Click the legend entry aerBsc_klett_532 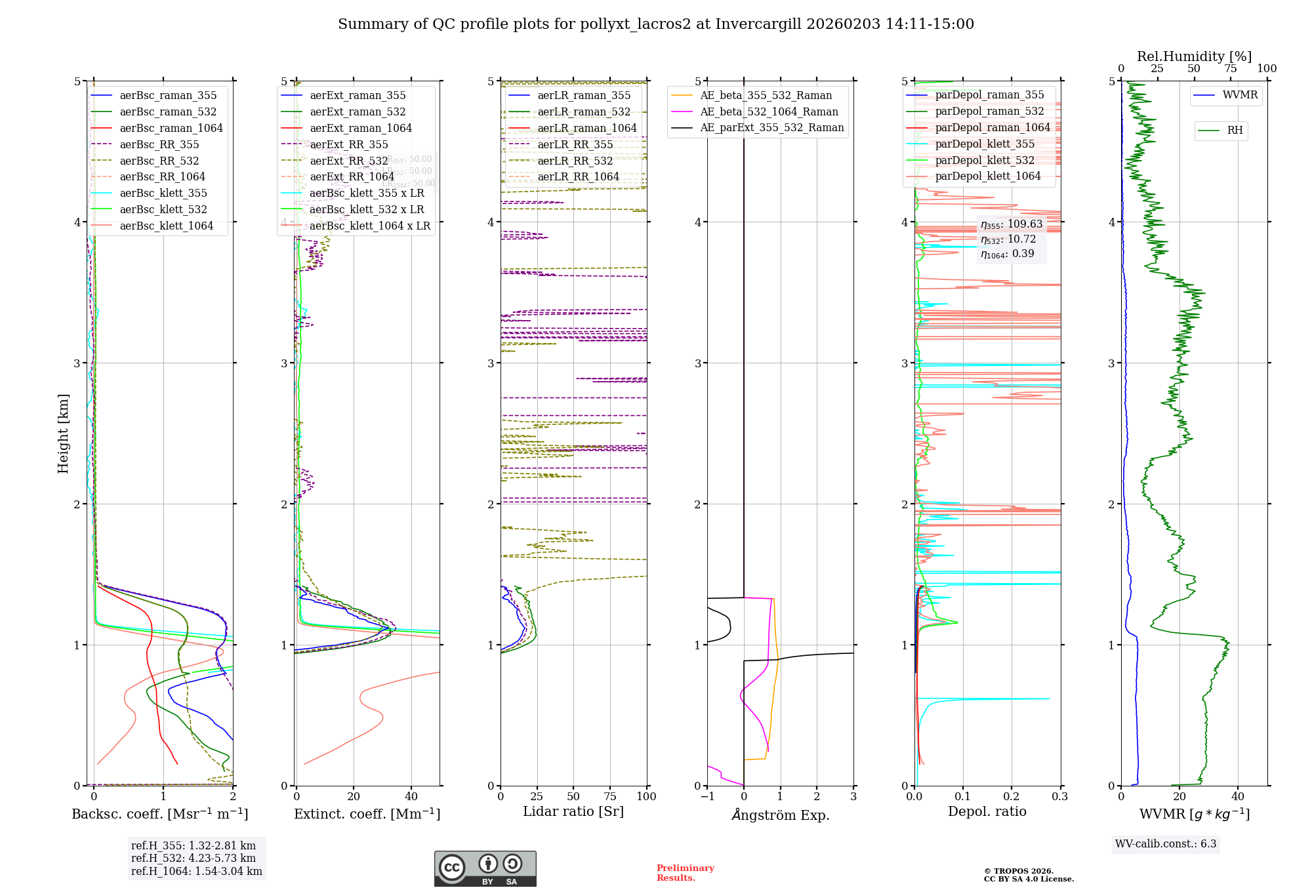(x=163, y=210)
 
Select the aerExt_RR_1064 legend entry (x=352, y=177)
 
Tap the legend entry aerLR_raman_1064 (x=587, y=129)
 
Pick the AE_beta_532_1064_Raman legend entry (x=769, y=112)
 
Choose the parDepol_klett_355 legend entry (x=985, y=144)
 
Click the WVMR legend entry (x=1240, y=96)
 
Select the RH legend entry (x=1235, y=131)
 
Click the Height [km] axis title (x=63, y=434)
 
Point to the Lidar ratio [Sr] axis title (x=573, y=812)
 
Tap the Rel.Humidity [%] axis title (x=1194, y=56)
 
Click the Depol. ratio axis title (x=987, y=812)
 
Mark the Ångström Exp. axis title (x=780, y=815)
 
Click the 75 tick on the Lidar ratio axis (x=609, y=797)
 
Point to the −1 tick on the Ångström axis (x=707, y=797)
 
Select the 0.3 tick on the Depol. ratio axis (x=1059, y=797)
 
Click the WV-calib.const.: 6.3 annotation (x=1166, y=844)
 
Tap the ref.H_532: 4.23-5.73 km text (x=194, y=859)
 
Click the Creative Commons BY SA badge (x=485, y=868)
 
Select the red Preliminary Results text (x=685, y=873)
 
